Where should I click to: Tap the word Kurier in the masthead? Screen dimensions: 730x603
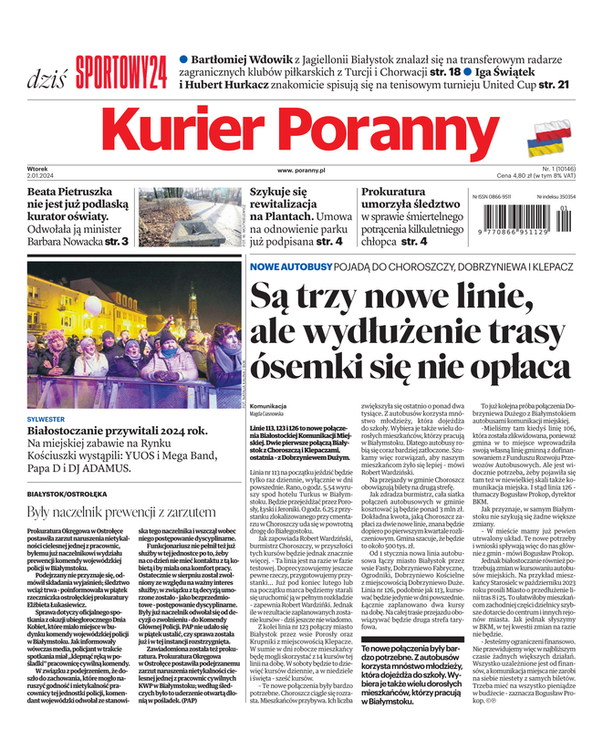(x=203, y=132)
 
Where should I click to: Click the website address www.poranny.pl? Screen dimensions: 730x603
(x=302, y=171)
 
